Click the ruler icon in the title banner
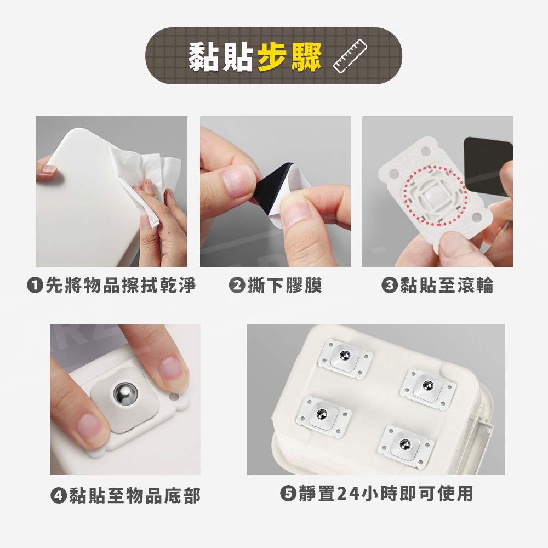coord(350,56)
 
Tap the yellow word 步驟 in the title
coord(289,57)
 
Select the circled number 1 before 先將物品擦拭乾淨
coord(35,285)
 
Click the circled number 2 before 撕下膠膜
coord(237,285)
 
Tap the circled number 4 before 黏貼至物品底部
coord(59,495)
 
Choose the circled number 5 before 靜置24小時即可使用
coord(288,494)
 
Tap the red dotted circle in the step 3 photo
coord(435,196)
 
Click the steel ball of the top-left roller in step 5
coord(345,356)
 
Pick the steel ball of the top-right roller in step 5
coord(428,386)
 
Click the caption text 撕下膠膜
coord(284,285)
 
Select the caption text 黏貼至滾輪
coord(447,285)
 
